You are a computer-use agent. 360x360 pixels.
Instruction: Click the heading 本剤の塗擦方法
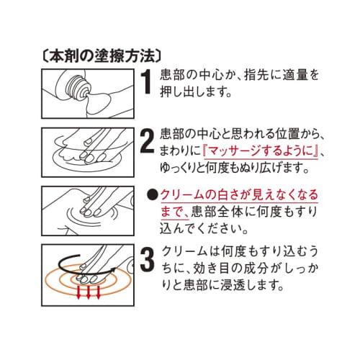pos(101,54)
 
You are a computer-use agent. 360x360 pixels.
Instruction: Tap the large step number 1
pos(145,83)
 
